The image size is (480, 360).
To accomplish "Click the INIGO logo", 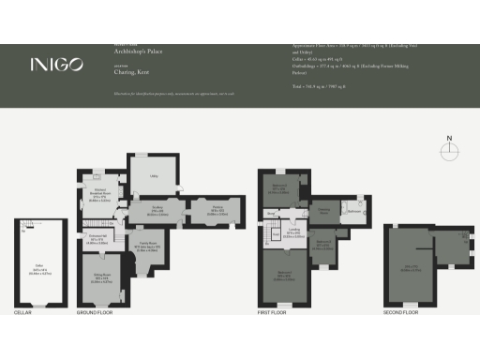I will click(x=56, y=65).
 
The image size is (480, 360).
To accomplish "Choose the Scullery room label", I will click(x=160, y=211).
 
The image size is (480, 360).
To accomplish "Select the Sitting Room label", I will click(x=101, y=277).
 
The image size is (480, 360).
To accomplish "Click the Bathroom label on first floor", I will click(x=354, y=212).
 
